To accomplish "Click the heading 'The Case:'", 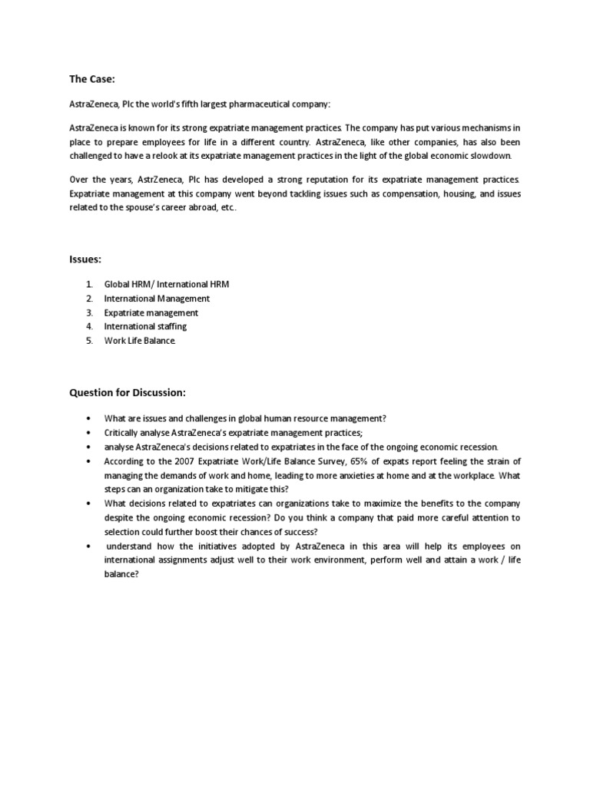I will pyautogui.click(x=92, y=78).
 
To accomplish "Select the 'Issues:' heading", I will pyautogui.click(x=86, y=260).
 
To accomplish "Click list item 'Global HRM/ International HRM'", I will pyautogui.click(x=167, y=284).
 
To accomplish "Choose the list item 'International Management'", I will pyautogui.click(x=157, y=299).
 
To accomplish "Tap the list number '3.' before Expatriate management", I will pyautogui.click(x=89, y=313).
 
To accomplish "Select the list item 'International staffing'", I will pyautogui.click(x=145, y=327).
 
